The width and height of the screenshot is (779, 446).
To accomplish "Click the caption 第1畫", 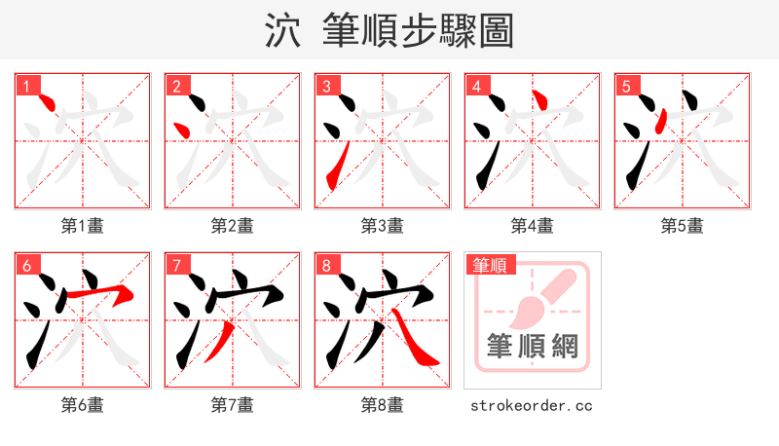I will (x=83, y=226).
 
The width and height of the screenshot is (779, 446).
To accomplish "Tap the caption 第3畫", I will (x=382, y=226).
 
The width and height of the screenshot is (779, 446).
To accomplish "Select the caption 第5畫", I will (x=682, y=226).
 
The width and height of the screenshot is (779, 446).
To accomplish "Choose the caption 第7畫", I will (x=233, y=405).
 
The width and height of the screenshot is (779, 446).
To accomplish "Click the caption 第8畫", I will (x=382, y=405).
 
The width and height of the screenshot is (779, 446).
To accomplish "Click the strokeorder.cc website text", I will (x=532, y=405).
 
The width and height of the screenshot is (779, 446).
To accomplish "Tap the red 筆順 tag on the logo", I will (x=490, y=264).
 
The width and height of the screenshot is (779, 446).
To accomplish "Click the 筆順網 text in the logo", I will (x=532, y=346).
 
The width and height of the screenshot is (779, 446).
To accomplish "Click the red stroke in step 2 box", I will (x=180, y=130).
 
